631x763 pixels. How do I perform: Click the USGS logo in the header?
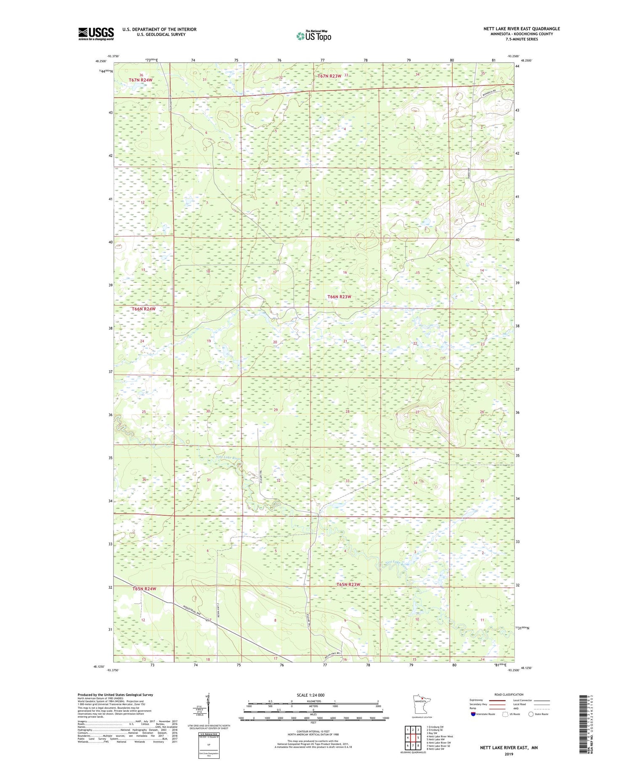pyautogui.click(x=96, y=34)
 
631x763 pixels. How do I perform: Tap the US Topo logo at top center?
pyautogui.click(x=313, y=36)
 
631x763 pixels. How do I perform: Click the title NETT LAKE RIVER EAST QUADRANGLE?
pyautogui.click(x=521, y=29)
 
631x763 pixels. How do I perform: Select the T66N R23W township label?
pyautogui.click(x=339, y=297)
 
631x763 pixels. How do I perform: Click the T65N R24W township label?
pyautogui.click(x=144, y=588)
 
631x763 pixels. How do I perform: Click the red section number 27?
pyautogui.click(x=418, y=412)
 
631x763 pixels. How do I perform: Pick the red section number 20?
pyautogui.click(x=275, y=342)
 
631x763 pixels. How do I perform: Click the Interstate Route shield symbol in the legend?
pyautogui.click(x=473, y=714)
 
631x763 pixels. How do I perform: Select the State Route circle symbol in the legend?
pyautogui.click(x=531, y=714)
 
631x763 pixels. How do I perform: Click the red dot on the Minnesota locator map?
pyautogui.click(x=422, y=701)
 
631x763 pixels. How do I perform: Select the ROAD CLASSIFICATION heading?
pyautogui.click(x=509, y=694)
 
